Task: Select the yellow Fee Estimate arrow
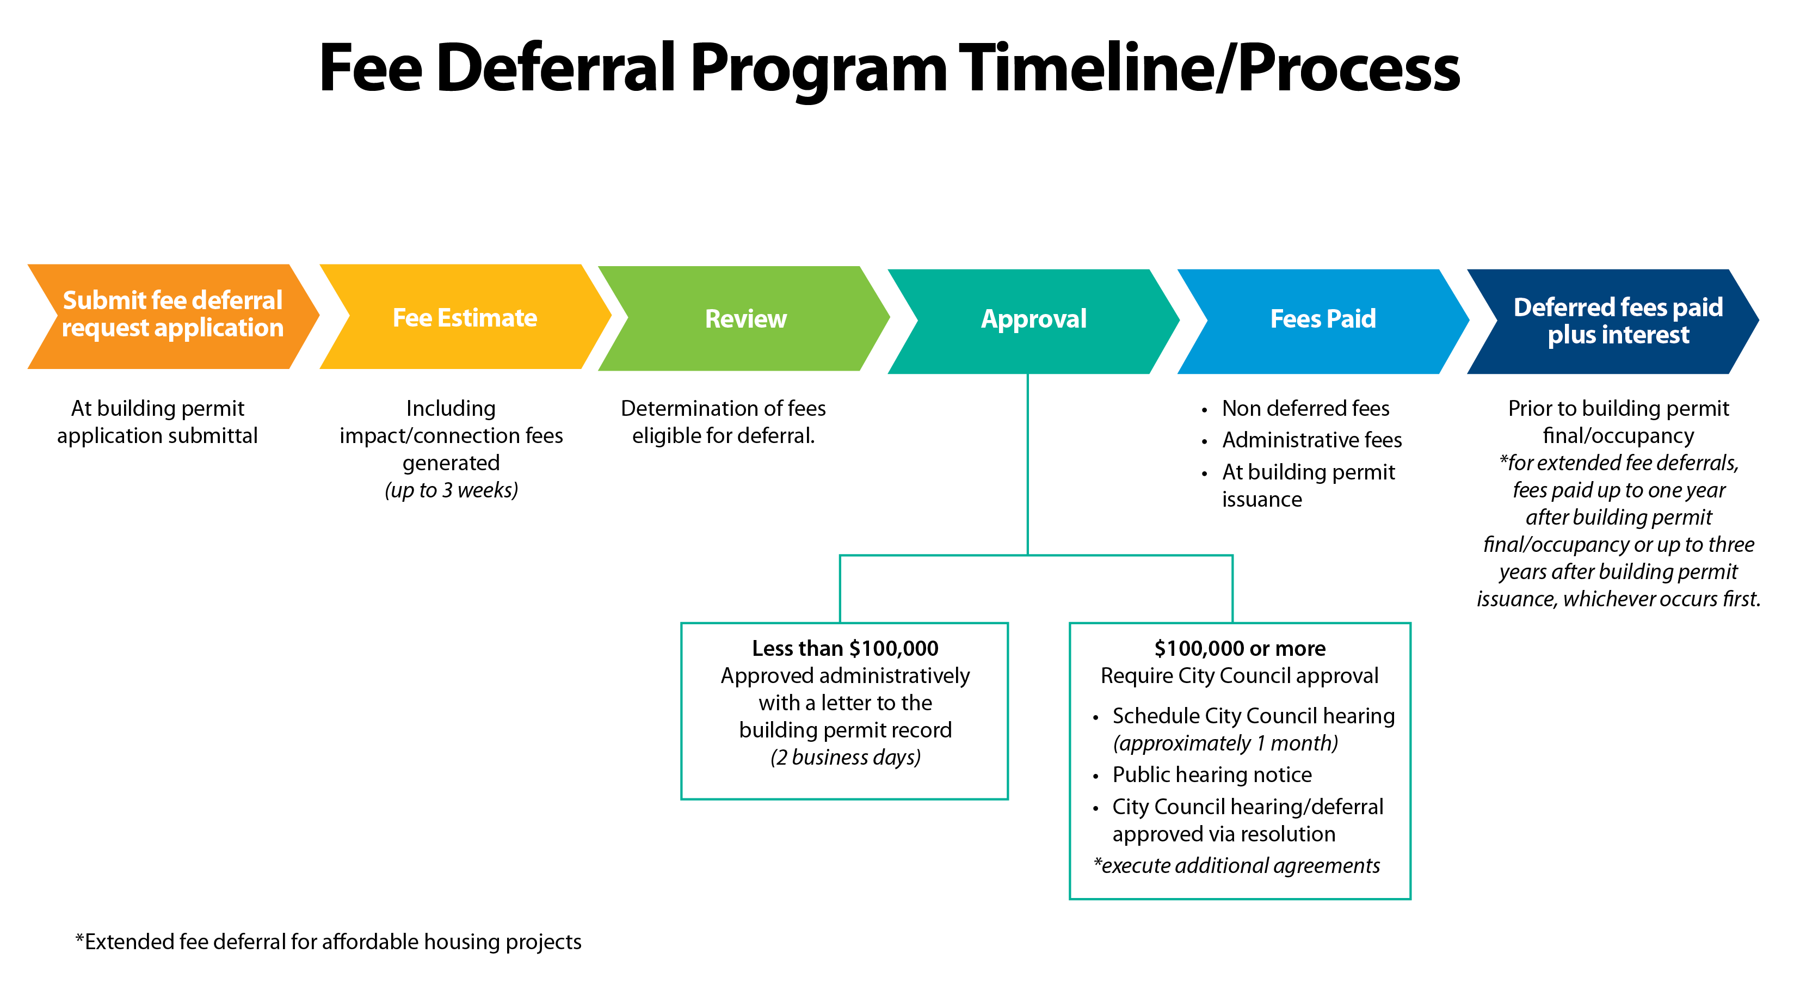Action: pos(465,317)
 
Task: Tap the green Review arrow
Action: pos(745,318)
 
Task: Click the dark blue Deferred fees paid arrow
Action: pos(1617,321)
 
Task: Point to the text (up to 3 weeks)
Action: pos(451,490)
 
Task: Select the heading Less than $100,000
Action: pos(845,648)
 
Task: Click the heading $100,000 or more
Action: pos(1239,648)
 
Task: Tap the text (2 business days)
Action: pos(845,757)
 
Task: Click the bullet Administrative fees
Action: pos(1311,440)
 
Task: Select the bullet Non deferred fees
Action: pos(1305,408)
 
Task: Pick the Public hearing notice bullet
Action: pos(1212,774)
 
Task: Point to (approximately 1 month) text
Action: pos(1225,743)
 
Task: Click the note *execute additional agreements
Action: pos(1236,865)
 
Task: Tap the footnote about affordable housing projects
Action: pos(328,942)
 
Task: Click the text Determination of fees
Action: pos(723,408)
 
